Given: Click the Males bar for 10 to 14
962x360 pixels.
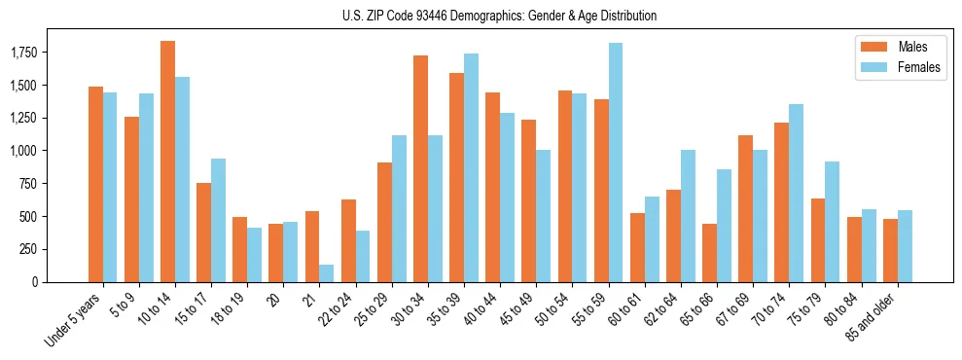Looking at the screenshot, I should coord(167,162).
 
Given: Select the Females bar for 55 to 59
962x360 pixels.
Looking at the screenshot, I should coord(616,162).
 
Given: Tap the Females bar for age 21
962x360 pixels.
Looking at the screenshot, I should coord(327,273).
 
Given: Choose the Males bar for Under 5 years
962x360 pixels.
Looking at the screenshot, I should coord(95,184).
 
